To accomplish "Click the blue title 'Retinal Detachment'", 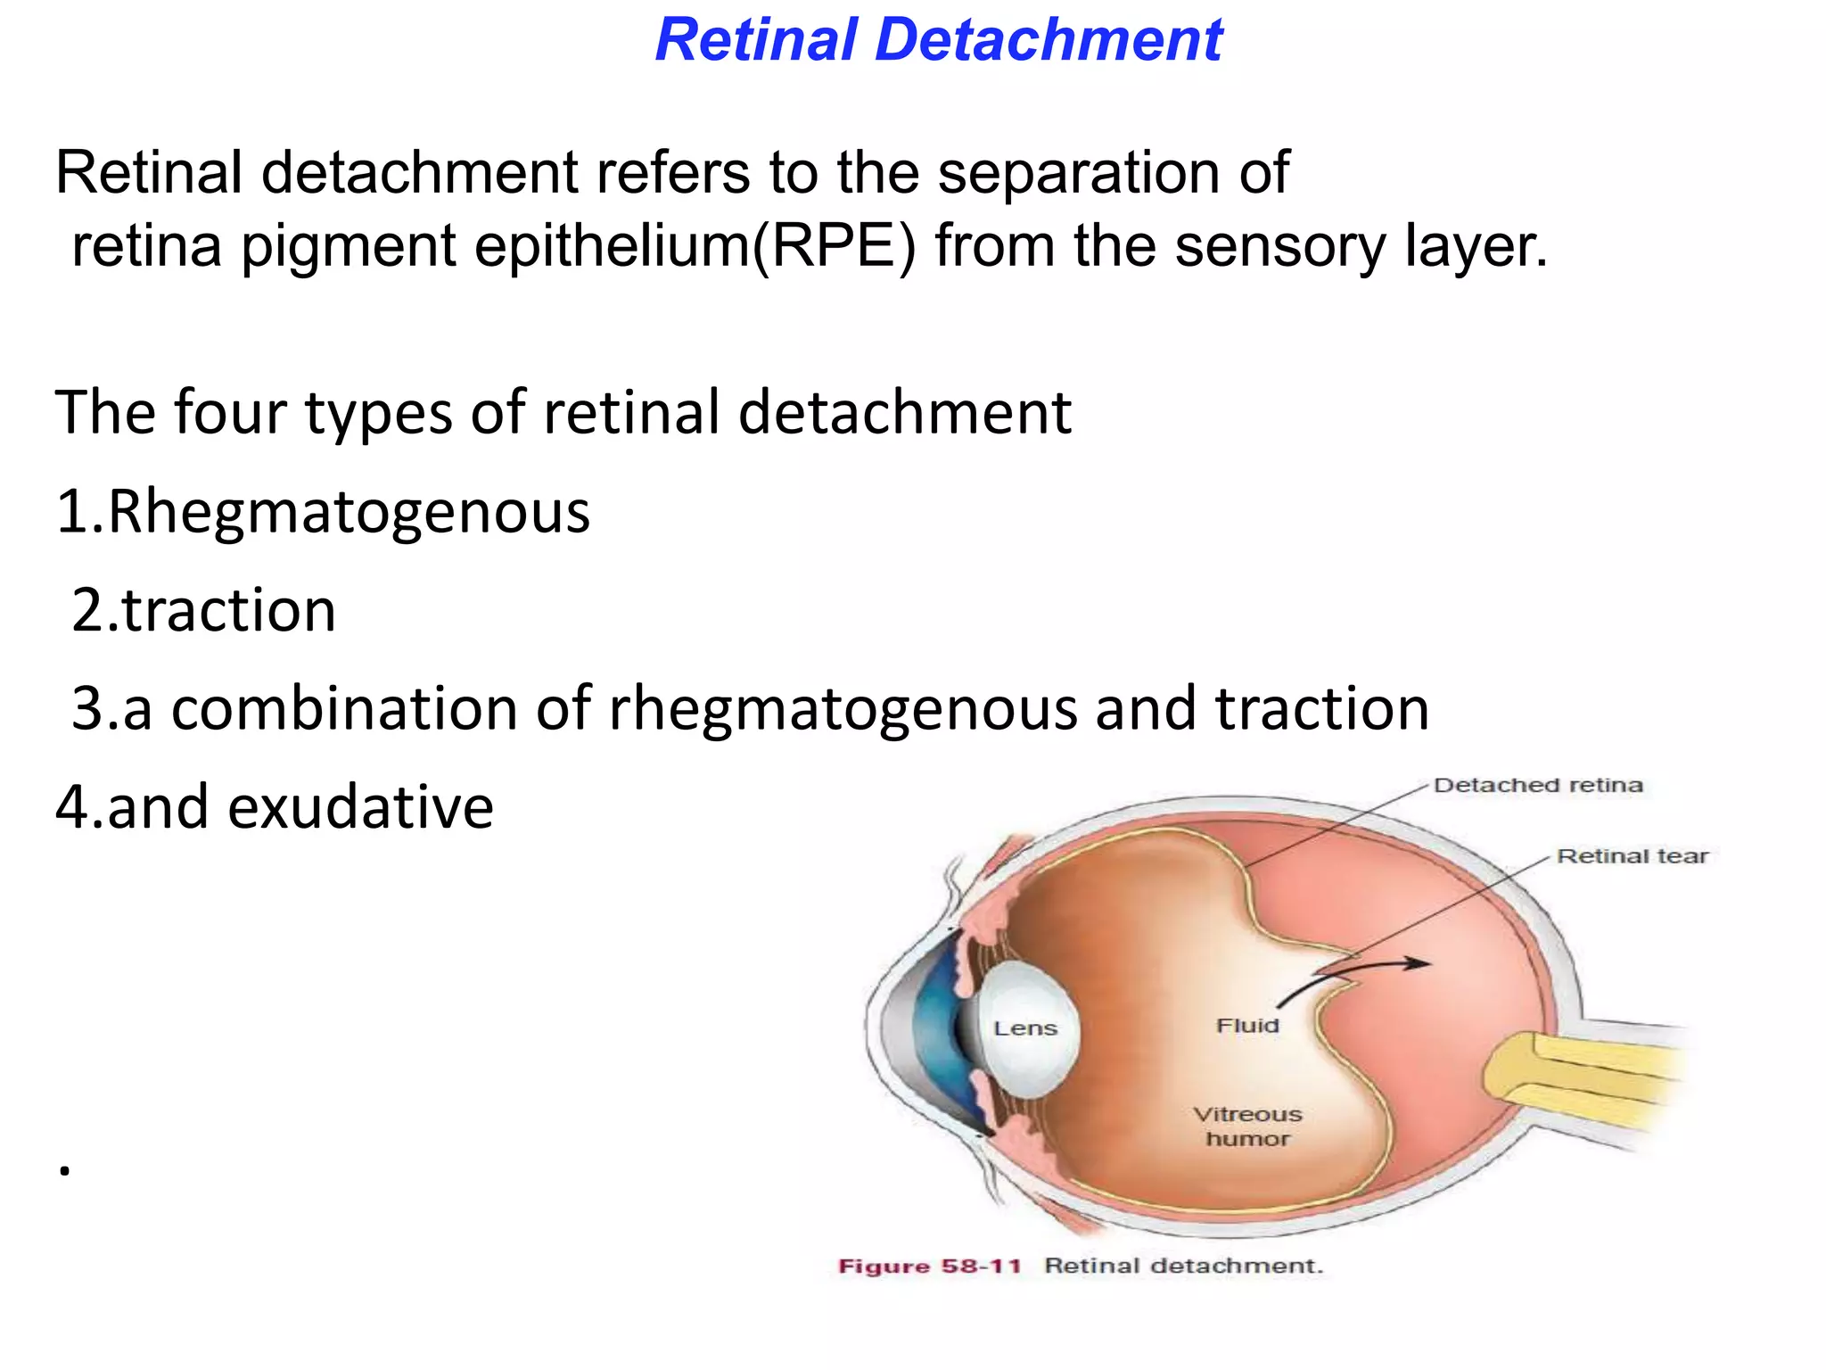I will point(938,40).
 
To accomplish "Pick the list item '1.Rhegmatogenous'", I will point(323,513).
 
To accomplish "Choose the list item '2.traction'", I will point(203,611).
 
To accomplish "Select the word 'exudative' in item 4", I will point(360,807).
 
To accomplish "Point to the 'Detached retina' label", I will point(1537,786).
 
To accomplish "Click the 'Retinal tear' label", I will point(1632,856).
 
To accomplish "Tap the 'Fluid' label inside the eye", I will point(1247,1026).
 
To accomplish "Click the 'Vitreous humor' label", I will point(1247,1127).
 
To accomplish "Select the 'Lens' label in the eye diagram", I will point(1025,1028).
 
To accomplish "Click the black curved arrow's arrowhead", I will point(1418,963).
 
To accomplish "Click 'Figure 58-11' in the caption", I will point(929,1267).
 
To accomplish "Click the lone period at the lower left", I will point(64,1170).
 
